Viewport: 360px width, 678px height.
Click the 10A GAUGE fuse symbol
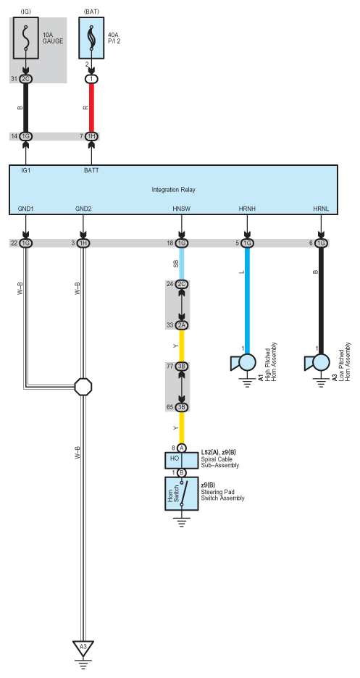pos(25,38)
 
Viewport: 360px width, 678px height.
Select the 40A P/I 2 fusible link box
pos(91,38)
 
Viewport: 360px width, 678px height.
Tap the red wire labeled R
pos(91,107)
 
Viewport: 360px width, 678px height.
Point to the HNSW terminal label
pos(182,209)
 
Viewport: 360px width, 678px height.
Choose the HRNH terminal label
pos(247,209)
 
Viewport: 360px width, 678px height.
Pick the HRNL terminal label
pos(321,209)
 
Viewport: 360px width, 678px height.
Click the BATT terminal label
pos(91,171)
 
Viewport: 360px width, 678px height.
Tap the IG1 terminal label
pos(26,171)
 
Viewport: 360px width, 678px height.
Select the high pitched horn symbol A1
pos(244,363)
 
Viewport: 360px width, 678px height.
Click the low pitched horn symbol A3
pos(318,363)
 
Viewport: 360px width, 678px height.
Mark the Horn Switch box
pos(182,493)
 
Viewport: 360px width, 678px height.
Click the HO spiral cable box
pos(182,460)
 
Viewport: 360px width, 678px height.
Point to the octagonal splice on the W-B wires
pos(83,386)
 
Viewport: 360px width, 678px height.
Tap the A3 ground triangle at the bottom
pos(83,648)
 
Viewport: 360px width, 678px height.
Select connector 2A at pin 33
pos(182,325)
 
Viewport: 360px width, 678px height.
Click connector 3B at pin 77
pos(182,367)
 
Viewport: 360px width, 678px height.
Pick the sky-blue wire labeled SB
pos(182,264)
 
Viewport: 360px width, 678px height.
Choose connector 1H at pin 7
pos(91,137)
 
